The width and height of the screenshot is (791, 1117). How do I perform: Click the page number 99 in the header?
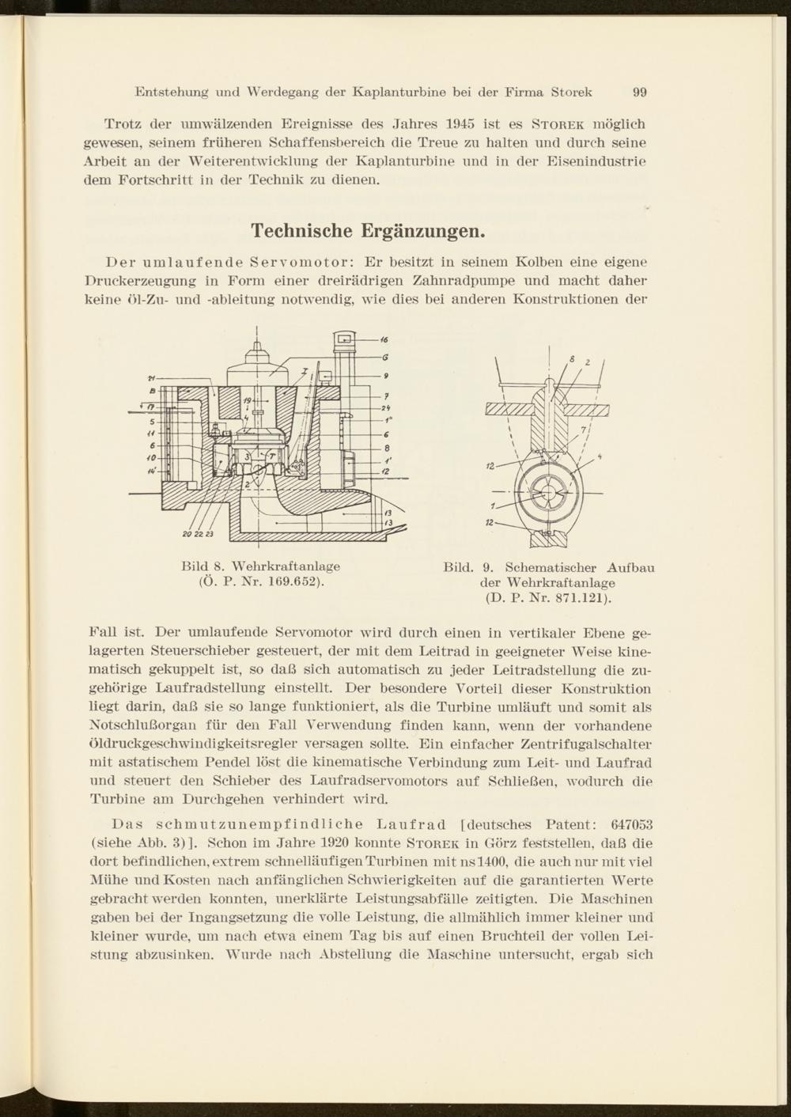point(640,92)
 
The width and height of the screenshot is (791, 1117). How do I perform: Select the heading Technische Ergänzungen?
point(367,231)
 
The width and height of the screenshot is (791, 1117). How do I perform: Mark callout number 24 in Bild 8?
point(387,408)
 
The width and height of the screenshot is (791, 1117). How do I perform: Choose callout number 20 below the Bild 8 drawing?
point(187,534)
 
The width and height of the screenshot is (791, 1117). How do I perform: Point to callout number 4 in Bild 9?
point(600,456)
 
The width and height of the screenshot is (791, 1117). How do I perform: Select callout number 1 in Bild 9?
point(492,506)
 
